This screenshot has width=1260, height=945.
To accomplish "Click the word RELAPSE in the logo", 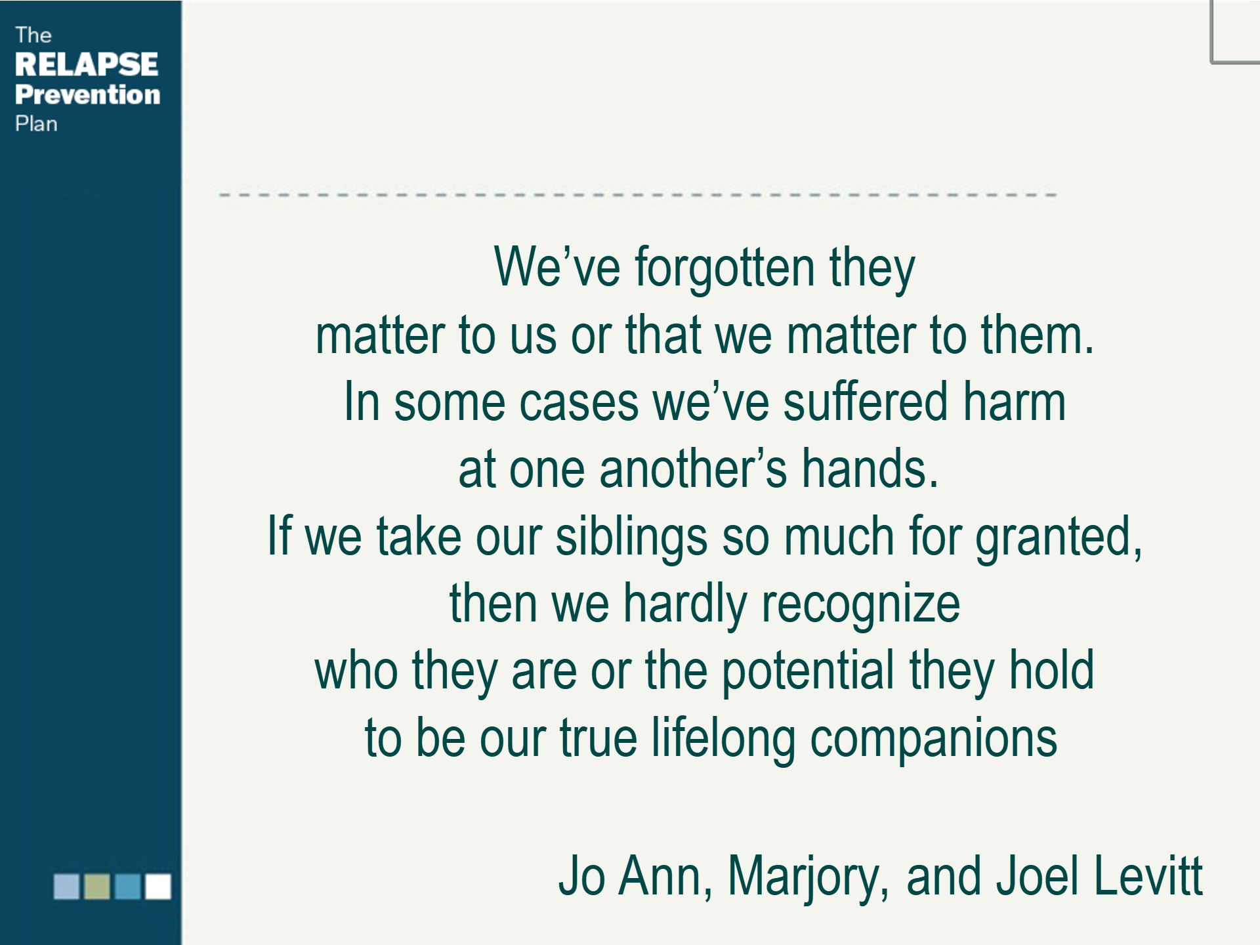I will (x=86, y=64).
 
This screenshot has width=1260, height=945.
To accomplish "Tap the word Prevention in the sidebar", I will (x=87, y=94).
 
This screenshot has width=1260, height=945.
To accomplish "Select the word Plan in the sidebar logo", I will (x=36, y=124).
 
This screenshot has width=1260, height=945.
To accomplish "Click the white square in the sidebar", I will (x=158, y=886).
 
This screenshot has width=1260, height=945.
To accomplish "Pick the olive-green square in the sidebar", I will (x=97, y=886).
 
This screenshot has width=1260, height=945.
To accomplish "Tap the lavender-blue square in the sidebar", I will (x=66, y=886).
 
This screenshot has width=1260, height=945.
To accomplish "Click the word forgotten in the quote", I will (x=724, y=268).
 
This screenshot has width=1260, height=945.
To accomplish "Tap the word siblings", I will (x=631, y=537).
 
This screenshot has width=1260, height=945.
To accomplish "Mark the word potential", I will (x=808, y=671).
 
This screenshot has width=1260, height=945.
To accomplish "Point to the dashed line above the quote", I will (x=637, y=195).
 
